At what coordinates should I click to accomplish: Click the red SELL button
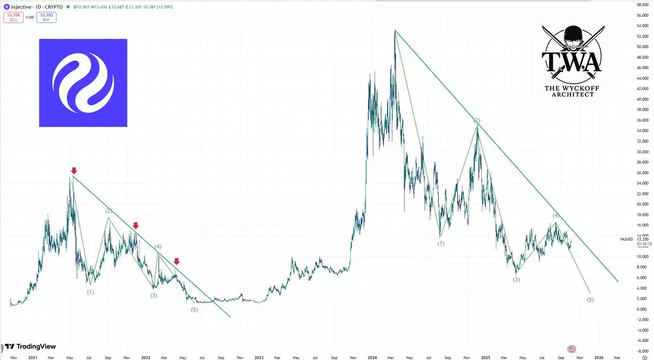12,17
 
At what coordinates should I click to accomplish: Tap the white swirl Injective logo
83,83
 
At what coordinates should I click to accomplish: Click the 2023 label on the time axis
258,357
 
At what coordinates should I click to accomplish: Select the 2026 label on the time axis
598,357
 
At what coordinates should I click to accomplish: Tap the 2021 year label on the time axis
32,357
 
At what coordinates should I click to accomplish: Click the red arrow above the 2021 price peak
74,170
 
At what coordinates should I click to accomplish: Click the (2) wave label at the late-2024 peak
476,120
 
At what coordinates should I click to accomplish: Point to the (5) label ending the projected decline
590,300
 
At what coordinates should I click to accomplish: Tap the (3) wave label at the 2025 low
516,279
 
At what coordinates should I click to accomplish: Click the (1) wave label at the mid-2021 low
90,292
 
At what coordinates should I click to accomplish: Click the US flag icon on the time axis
572,349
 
